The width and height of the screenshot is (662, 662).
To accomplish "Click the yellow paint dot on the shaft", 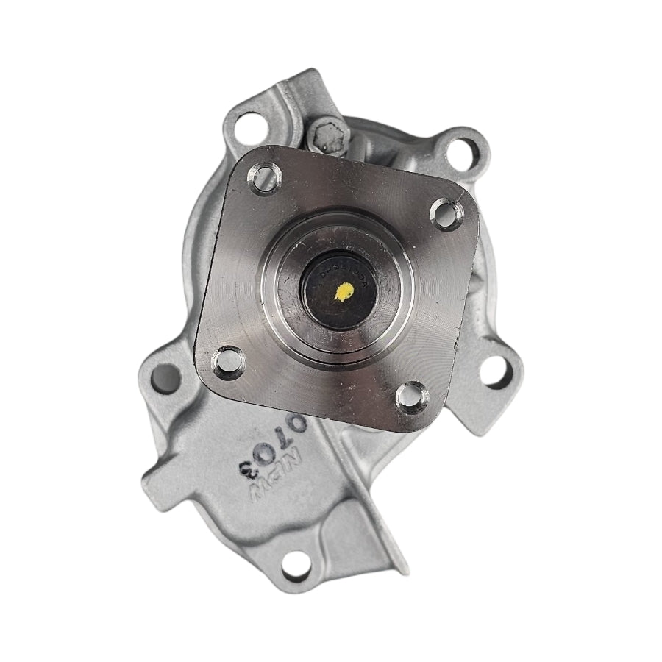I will [342, 293].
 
